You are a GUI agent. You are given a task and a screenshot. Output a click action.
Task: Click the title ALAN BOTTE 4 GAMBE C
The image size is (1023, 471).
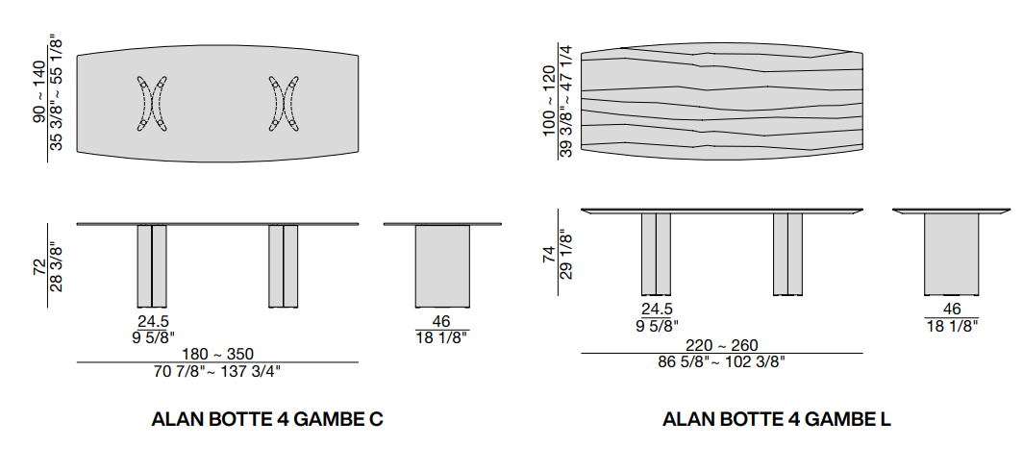(x=267, y=420)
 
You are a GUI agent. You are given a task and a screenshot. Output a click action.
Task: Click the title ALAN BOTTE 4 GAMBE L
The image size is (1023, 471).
(x=777, y=420)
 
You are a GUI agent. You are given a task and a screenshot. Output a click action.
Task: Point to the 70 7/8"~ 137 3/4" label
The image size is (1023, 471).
(x=217, y=370)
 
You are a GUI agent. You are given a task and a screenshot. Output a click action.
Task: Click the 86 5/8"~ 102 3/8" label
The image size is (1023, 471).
(x=721, y=362)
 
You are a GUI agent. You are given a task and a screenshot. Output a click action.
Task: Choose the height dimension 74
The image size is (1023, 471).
(x=548, y=255)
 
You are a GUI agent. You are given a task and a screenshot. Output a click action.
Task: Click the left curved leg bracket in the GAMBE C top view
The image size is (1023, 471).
(x=152, y=103)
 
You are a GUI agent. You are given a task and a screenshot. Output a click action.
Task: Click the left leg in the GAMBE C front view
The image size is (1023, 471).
(x=152, y=266)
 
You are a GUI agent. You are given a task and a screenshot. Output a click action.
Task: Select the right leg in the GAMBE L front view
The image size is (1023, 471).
(x=787, y=254)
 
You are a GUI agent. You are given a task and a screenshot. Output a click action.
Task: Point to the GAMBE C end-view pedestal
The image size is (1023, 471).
(x=442, y=265)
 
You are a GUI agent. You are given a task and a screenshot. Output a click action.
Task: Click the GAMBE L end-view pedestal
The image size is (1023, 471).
(x=951, y=254)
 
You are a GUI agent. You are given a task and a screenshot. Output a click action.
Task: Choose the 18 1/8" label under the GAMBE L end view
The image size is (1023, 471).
(x=951, y=326)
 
